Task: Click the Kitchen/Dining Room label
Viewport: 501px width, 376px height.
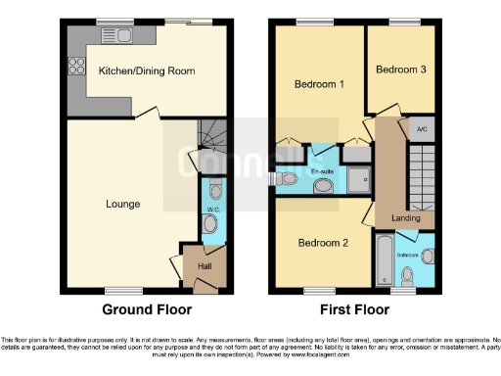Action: coord(147,70)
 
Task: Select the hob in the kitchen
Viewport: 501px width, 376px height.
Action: coord(75,69)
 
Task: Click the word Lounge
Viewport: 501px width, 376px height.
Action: coord(122,205)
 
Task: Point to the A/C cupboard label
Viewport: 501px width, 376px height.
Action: coord(421,128)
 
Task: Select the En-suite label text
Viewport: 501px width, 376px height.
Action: coord(324,171)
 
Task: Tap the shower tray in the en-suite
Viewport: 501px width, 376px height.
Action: coord(358,177)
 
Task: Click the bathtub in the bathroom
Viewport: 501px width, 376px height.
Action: coord(383,258)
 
